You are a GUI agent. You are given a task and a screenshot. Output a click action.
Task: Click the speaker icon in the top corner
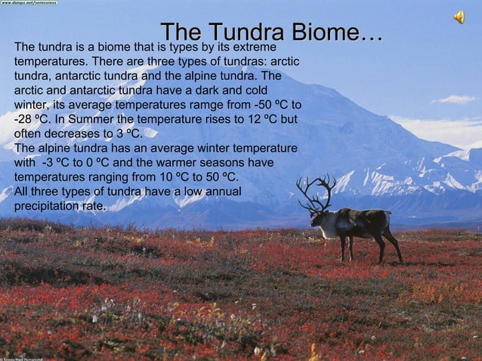pyautogui.click(x=459, y=17)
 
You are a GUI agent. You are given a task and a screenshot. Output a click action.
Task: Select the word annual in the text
pyautogui.click(x=217, y=192)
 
